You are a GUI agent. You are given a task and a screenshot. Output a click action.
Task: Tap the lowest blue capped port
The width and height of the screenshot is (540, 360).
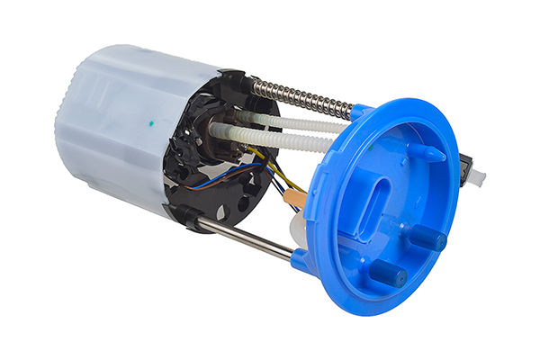pyautogui.click(x=389, y=272)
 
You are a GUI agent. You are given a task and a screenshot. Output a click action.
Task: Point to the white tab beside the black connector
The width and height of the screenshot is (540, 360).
pyautogui.click(x=478, y=178)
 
